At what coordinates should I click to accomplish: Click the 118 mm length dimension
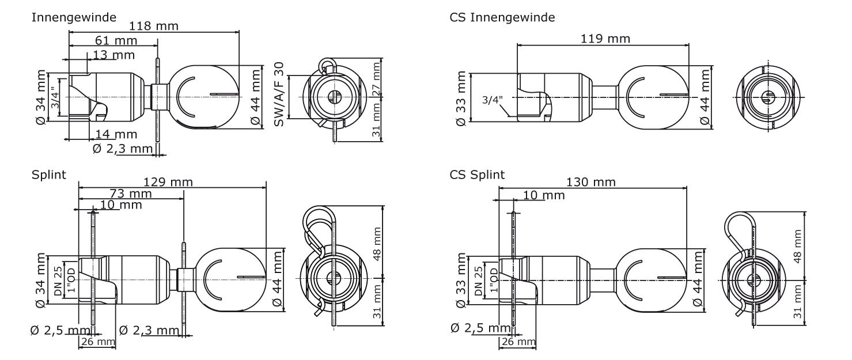click(154, 26)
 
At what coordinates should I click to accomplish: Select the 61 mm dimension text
click(116, 40)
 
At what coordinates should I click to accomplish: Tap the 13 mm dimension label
click(113, 55)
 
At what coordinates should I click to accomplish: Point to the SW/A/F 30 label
click(279, 94)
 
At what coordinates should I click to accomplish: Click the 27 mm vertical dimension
click(376, 79)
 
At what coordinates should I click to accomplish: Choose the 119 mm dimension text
click(605, 39)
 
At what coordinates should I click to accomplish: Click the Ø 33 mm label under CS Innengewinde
click(461, 98)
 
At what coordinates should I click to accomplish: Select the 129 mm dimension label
click(168, 182)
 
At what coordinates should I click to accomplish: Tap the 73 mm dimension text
click(131, 194)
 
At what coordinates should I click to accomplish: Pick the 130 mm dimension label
click(591, 182)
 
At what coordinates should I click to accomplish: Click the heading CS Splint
click(477, 175)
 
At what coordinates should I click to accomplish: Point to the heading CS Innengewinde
click(502, 17)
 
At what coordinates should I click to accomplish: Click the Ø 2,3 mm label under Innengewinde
click(123, 149)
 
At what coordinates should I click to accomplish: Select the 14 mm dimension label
click(116, 134)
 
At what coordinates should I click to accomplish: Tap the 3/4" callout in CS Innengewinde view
click(493, 100)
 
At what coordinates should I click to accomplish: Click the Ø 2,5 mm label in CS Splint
click(480, 328)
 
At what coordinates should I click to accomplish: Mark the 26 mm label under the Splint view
click(98, 342)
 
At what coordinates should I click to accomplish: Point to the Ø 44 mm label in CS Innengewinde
click(705, 97)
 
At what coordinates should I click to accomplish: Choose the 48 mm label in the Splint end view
click(377, 244)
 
